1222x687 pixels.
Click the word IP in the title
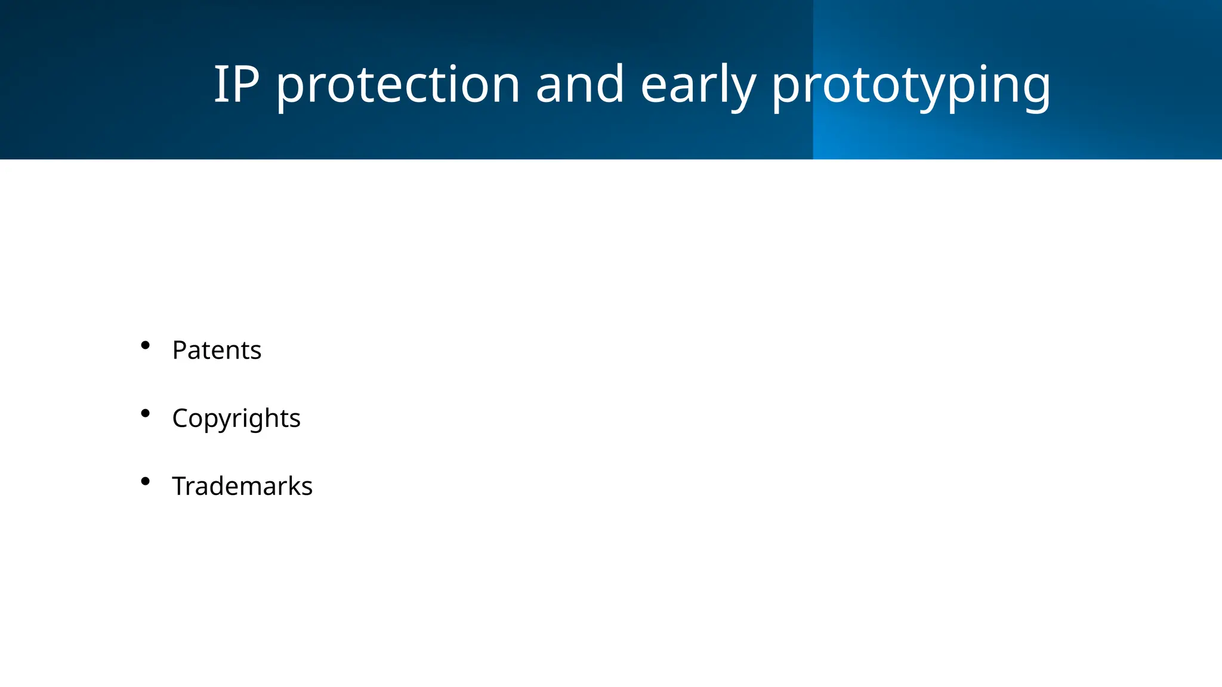click(x=236, y=85)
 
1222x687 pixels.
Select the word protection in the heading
click(x=397, y=85)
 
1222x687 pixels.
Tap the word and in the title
click(x=579, y=85)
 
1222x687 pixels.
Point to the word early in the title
click(x=698, y=85)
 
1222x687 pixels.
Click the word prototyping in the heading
click(x=911, y=85)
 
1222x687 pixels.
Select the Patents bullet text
click(x=217, y=350)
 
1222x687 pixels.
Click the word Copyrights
click(x=236, y=418)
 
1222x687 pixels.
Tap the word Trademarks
click(x=242, y=486)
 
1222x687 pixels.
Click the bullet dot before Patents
click(x=145, y=345)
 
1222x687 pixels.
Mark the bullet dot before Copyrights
click(x=145, y=413)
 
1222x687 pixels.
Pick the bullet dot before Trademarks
click(x=145, y=481)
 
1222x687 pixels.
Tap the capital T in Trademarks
click(x=180, y=486)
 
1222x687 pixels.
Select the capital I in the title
click(x=220, y=85)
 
